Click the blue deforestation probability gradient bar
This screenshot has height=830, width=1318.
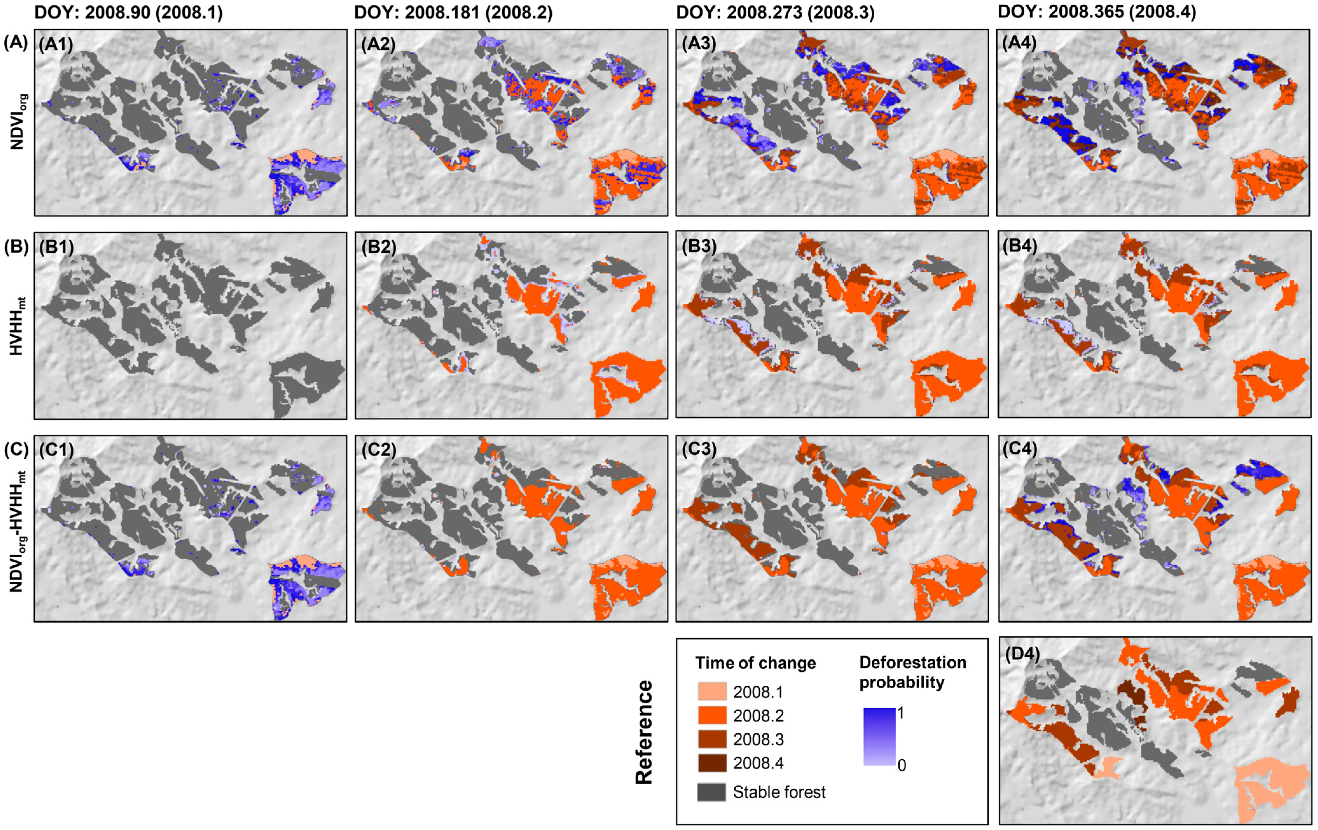(x=879, y=736)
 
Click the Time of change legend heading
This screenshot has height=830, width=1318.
(x=755, y=663)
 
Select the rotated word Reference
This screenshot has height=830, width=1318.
(x=644, y=732)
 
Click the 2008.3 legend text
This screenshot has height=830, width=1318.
(x=758, y=739)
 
